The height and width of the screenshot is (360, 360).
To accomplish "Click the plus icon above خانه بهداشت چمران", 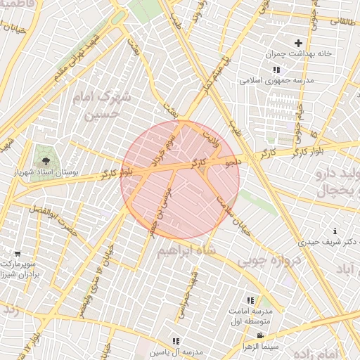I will (x=298, y=43).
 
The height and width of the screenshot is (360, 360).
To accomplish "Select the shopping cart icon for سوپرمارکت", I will (x=18, y=253).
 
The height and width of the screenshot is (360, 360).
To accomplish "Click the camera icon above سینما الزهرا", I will (x=259, y=335).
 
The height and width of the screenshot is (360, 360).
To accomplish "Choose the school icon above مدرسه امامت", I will (x=251, y=300).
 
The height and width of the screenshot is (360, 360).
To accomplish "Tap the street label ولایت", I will (x=211, y=136).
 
